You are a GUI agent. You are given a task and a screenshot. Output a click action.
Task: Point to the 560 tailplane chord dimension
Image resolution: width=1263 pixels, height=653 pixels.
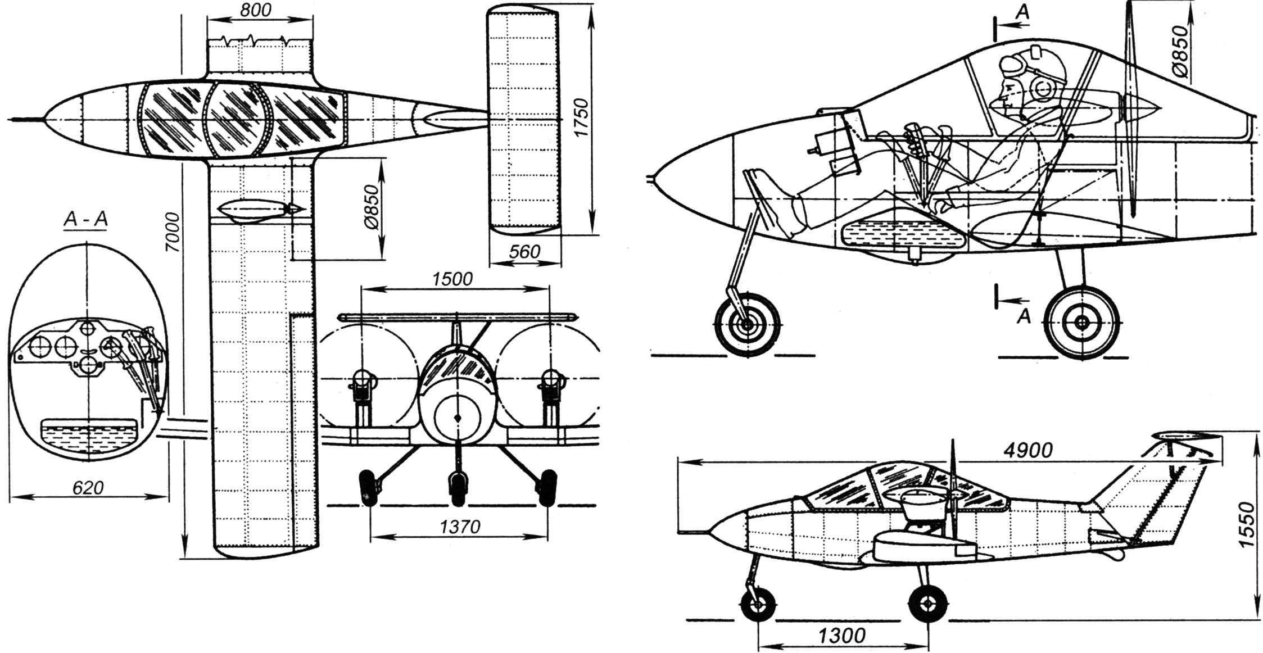pyautogui.click(x=524, y=252)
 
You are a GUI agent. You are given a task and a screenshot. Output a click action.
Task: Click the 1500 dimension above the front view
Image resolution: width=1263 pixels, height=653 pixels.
pyautogui.click(x=454, y=279)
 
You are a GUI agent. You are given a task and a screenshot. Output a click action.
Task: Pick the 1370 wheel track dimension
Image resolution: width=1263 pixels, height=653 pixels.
pyautogui.click(x=459, y=526)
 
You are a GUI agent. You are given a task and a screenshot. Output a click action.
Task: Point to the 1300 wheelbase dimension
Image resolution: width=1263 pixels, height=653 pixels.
pyautogui.click(x=841, y=636)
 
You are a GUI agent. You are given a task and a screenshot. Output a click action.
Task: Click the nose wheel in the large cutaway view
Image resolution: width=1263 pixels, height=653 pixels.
pyautogui.click(x=747, y=324)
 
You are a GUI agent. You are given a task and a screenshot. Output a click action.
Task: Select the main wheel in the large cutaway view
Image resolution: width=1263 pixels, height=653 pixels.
pyautogui.click(x=1081, y=322)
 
